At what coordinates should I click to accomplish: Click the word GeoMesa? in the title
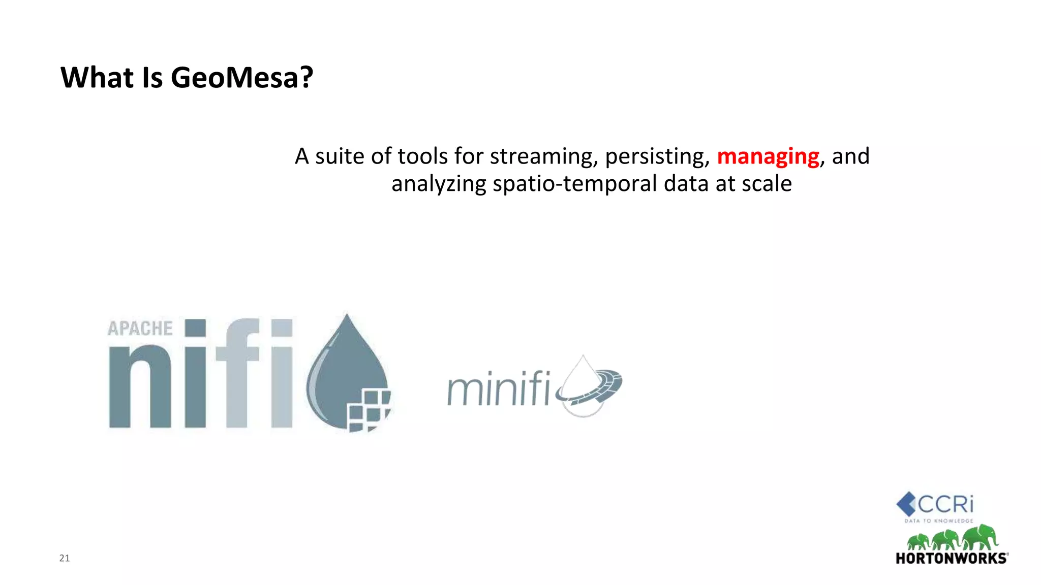(x=241, y=78)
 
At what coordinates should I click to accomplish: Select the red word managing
(x=768, y=156)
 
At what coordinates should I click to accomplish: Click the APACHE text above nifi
(x=140, y=329)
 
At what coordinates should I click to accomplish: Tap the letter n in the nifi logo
(x=140, y=386)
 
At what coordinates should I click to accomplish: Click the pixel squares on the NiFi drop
(x=369, y=410)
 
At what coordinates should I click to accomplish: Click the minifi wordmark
(x=498, y=389)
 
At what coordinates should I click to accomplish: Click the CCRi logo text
(x=945, y=504)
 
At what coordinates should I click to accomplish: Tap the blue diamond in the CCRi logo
(x=906, y=504)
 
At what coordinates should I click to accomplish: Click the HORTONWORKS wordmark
(x=951, y=559)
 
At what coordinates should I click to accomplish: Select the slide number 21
(x=65, y=558)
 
